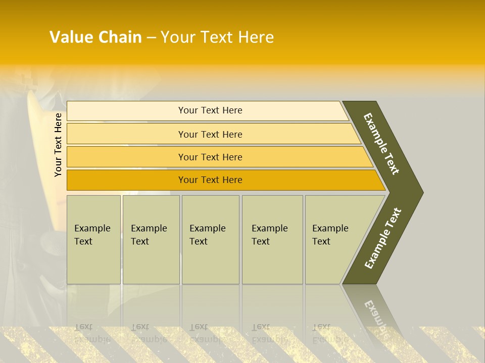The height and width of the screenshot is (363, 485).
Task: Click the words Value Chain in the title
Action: [x=95, y=37]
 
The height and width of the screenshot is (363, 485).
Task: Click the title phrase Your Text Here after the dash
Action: [x=217, y=37]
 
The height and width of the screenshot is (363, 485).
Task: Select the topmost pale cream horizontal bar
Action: [x=126, y=110]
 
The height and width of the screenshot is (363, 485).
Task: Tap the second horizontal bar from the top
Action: [x=126, y=134]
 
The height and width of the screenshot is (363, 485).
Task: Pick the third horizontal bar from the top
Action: [x=126, y=157]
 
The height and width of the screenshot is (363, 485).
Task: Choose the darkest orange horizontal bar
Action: [x=126, y=180]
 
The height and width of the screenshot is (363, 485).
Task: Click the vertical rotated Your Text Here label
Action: [x=58, y=145]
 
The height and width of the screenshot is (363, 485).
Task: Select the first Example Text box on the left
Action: [x=93, y=239]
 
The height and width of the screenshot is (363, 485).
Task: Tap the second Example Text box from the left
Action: [x=151, y=239]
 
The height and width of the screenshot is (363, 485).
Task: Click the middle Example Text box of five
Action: [x=210, y=239]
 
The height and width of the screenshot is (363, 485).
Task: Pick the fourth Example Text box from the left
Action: [x=272, y=239]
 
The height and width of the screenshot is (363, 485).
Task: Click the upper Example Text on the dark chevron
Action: [x=381, y=144]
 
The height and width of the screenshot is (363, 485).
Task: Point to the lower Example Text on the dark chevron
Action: [x=383, y=238]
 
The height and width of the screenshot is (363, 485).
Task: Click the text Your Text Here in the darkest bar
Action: [x=210, y=180]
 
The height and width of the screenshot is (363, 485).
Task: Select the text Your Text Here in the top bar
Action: [x=210, y=110]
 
